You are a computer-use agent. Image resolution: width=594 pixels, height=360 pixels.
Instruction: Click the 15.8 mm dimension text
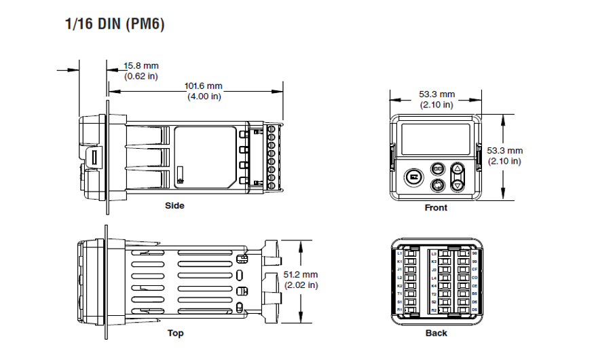(141, 66)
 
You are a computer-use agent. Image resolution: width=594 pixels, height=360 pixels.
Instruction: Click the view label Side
(174, 206)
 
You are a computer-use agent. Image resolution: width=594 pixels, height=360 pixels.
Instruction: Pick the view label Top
(175, 334)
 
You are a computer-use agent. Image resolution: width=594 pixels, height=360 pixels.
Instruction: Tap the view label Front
(436, 208)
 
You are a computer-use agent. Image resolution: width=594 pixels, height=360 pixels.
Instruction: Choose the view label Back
(436, 334)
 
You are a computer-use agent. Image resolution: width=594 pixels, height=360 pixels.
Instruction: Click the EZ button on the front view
(413, 177)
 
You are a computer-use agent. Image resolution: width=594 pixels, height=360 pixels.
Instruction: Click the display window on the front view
(436, 139)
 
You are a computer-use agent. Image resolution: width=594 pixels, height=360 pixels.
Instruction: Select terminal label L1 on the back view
(400, 253)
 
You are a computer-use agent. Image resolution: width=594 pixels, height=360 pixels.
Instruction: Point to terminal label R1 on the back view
(400, 310)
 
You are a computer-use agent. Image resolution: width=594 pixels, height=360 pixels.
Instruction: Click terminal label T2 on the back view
(434, 293)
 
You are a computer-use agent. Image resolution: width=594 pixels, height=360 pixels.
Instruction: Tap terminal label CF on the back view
(474, 270)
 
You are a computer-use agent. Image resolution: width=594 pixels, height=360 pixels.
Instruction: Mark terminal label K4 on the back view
(434, 285)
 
